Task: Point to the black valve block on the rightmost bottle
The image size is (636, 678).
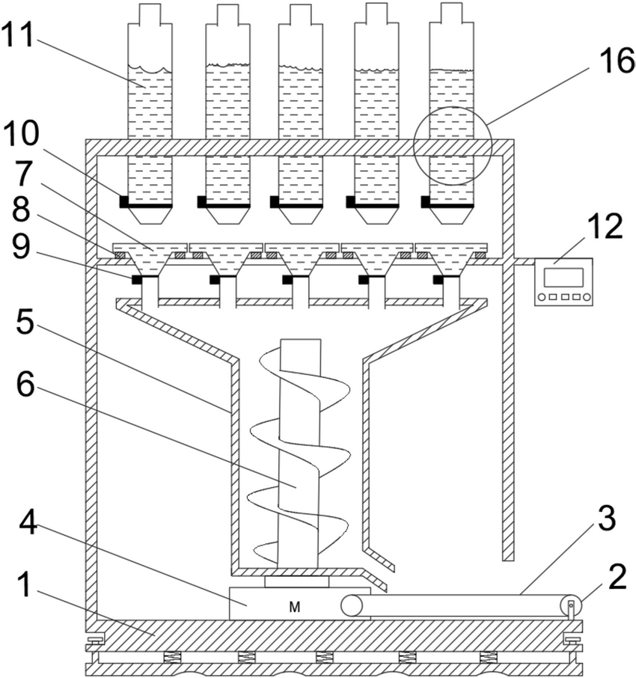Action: (x=426, y=201)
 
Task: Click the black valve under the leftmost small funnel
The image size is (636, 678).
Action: (x=137, y=280)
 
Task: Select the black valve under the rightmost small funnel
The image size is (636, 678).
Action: (x=438, y=280)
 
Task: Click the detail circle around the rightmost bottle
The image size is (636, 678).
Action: (x=453, y=145)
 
